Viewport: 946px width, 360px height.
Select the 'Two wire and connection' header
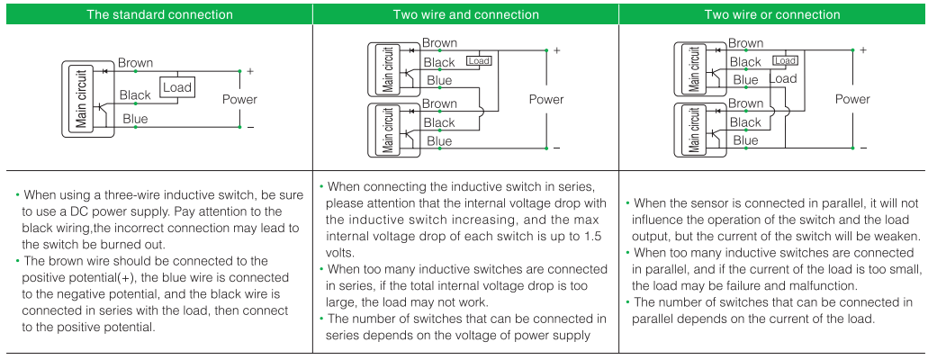(x=465, y=14)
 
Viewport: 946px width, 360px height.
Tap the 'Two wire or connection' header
(x=771, y=14)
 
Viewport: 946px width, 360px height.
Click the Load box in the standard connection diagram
(x=177, y=87)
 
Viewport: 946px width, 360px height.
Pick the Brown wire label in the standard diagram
(x=135, y=63)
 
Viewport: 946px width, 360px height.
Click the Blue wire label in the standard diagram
(x=134, y=119)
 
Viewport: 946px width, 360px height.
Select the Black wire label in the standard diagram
(x=135, y=95)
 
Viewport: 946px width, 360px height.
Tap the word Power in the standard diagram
(x=239, y=100)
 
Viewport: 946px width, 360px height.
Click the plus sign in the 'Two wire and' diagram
(x=556, y=50)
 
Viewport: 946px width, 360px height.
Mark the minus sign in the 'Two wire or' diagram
(x=863, y=147)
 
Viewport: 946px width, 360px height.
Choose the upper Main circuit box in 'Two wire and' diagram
(x=389, y=70)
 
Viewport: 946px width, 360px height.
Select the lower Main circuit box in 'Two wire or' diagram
(x=695, y=130)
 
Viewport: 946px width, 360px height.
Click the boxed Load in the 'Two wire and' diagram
(x=479, y=61)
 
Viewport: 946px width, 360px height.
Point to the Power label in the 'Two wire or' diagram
(x=851, y=99)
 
